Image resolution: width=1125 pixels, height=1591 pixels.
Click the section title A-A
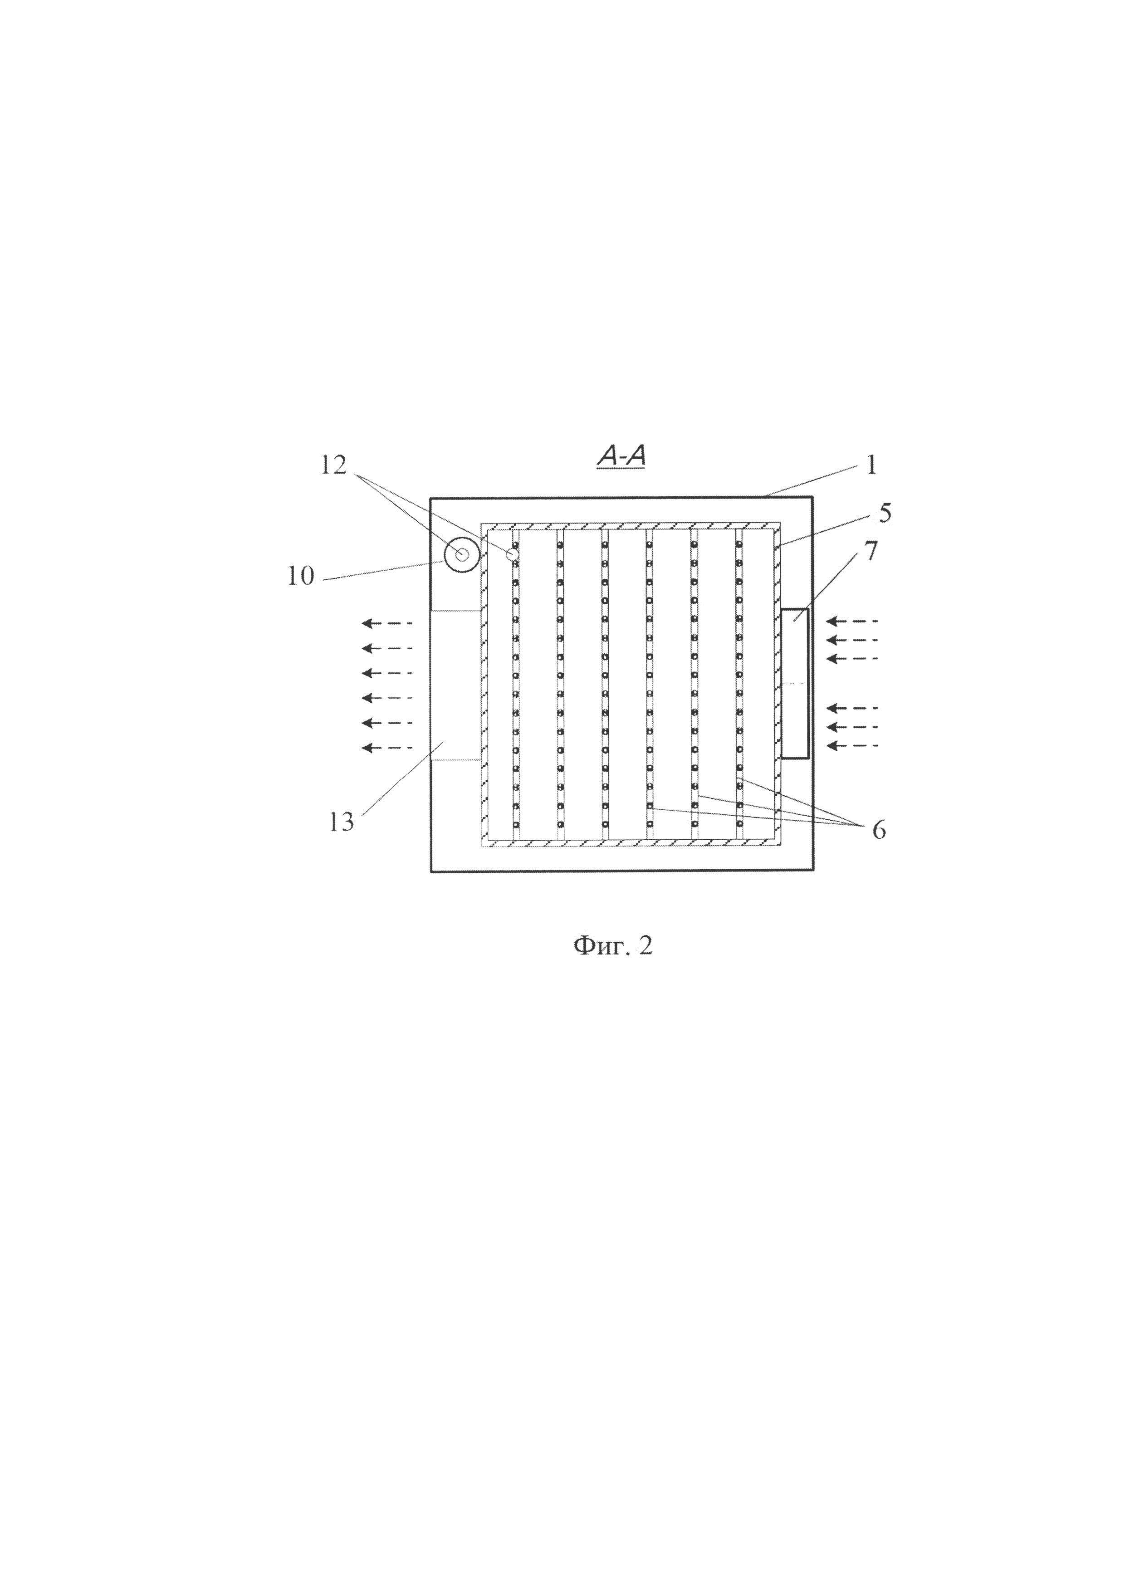621,457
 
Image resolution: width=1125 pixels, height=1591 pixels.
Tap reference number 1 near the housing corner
871,465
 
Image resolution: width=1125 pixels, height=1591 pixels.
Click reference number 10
301,576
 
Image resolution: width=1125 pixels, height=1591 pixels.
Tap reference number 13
342,822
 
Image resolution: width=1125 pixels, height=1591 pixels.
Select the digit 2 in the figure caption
646,946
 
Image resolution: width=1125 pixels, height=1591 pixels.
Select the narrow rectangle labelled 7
795,683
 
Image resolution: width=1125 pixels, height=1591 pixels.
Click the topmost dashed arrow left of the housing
387,623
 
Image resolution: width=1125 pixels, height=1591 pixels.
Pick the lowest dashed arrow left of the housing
387,748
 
